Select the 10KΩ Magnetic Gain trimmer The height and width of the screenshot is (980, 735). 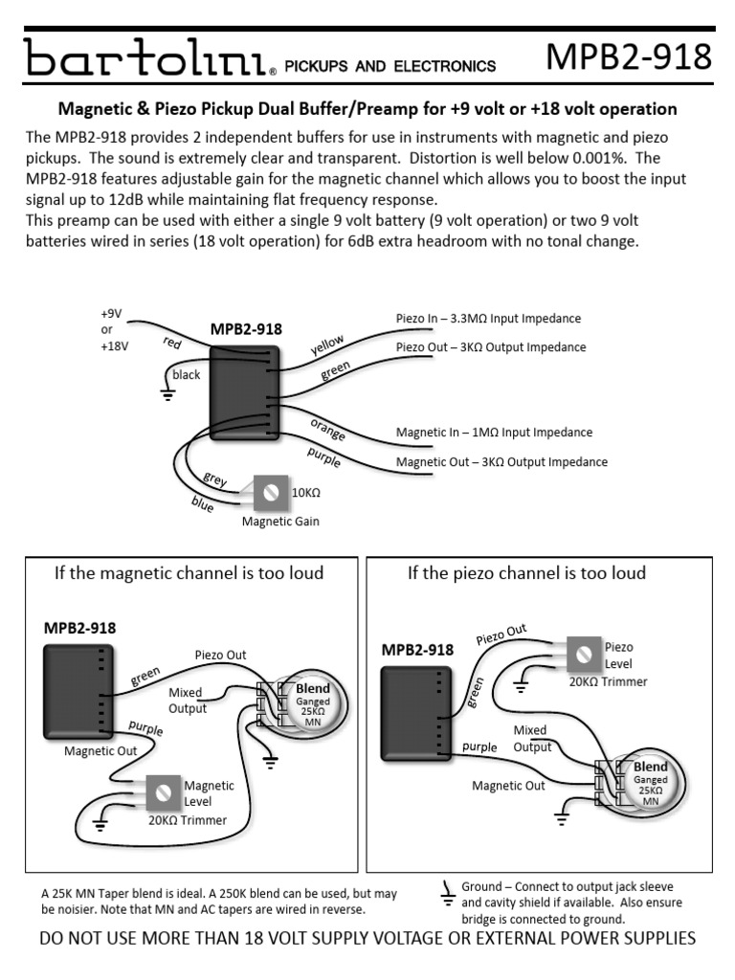pyautogui.click(x=270, y=493)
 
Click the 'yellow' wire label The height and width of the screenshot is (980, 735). pyautogui.click(x=327, y=345)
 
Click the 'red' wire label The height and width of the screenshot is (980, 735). pyautogui.click(x=172, y=343)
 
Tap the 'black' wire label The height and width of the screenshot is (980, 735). pyautogui.click(x=187, y=375)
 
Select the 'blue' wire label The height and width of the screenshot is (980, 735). pyautogui.click(x=202, y=504)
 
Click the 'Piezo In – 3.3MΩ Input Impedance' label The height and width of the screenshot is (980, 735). pyautogui.click(x=488, y=318)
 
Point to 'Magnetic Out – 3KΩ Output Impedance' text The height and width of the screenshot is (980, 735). pyautogui.click(x=501, y=462)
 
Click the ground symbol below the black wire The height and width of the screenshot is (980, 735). pyautogui.click(x=167, y=392)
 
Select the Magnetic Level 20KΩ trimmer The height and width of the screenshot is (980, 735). pyautogui.click(x=164, y=791)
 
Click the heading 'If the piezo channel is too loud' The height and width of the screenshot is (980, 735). pyautogui.click(x=526, y=573)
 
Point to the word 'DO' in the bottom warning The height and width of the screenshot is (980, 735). pyautogui.click(x=53, y=939)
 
